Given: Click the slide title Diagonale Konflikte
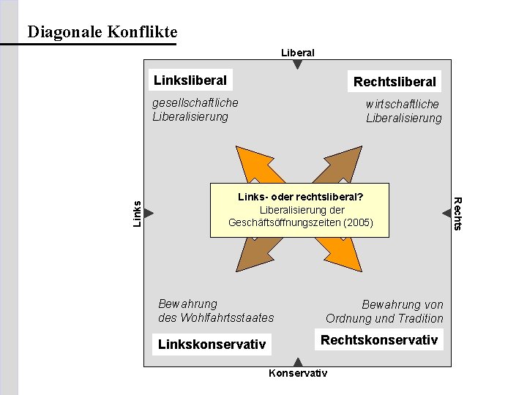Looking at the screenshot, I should [x=102, y=32].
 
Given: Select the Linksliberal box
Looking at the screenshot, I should [x=190, y=80].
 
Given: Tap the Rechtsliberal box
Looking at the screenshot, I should [x=394, y=81].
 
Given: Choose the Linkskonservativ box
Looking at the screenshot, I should [x=212, y=344].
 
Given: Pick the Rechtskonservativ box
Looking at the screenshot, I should [x=379, y=339].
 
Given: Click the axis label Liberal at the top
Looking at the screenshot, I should [x=298, y=53].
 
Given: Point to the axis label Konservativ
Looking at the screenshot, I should [x=298, y=374].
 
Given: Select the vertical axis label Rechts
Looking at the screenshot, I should [x=458, y=213].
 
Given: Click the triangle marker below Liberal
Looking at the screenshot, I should [x=298, y=64].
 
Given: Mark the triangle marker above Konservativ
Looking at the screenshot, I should [x=298, y=361].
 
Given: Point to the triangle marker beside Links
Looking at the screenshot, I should [x=149, y=213].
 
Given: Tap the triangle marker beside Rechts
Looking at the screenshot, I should [x=446, y=213].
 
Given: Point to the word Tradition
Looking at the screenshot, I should [x=419, y=318].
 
